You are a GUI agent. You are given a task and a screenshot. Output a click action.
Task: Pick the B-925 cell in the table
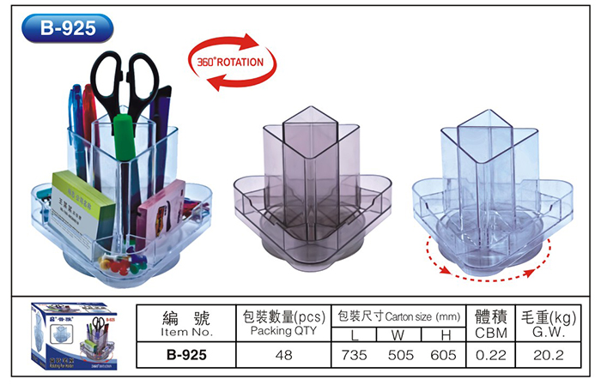[x=187, y=352]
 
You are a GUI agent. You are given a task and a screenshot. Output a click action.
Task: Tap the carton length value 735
[x=355, y=352]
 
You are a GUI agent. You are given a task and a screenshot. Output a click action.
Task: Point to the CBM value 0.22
[x=487, y=352]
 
